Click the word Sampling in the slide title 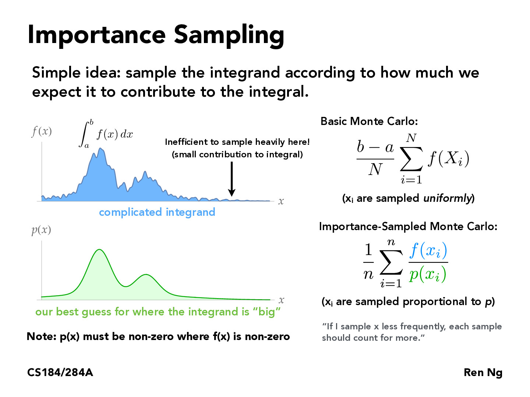point(229,35)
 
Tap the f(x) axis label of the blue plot point(41,131)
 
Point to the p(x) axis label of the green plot point(41,230)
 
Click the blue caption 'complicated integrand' point(157,212)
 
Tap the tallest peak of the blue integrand point(100,149)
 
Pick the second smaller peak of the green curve point(146,275)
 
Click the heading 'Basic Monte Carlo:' point(369,121)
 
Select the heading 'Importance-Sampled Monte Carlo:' point(408,226)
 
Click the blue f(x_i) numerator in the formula point(428,250)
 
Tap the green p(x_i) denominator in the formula point(428,274)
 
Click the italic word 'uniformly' point(447,198)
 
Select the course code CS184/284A point(60,372)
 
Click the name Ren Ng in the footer point(483,372)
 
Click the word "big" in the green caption point(266,312)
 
